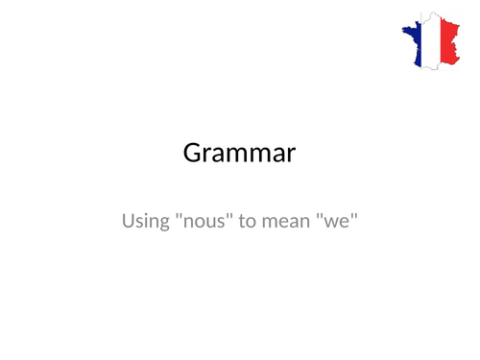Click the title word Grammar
tap(239, 154)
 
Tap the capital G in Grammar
tap(192, 153)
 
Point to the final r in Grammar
tap(292, 156)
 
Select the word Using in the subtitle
tap(145, 224)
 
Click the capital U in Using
tap(129, 222)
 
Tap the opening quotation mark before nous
tap(180, 217)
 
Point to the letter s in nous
tap(222, 225)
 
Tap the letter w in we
tap(330, 225)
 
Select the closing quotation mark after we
tap(352, 217)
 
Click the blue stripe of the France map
tap(416, 43)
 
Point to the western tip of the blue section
tap(399, 35)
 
